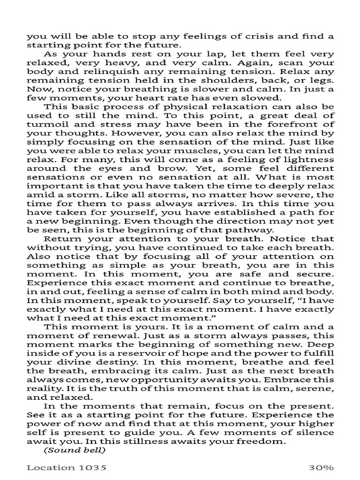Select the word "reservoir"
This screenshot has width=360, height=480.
pos(136,354)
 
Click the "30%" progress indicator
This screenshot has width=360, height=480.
pos(321,467)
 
